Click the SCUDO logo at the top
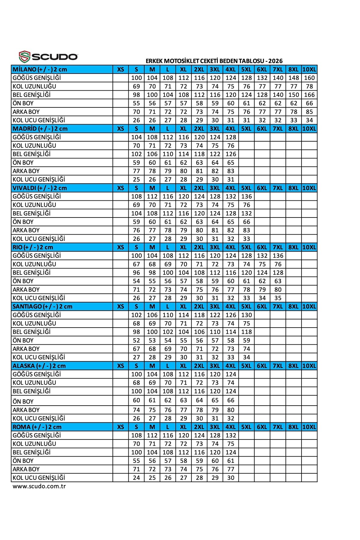point(48,56)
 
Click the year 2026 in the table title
point(275,61)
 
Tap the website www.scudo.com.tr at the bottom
point(39,486)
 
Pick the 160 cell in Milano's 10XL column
point(309,78)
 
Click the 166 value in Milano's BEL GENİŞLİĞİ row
point(309,95)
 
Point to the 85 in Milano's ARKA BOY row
point(309,112)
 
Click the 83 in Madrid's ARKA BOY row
point(231,171)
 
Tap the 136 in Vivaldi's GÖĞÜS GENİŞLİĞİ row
point(246,196)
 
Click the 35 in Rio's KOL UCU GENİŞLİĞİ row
point(278,298)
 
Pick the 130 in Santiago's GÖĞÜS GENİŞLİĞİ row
point(246,315)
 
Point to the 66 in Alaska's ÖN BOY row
point(231,400)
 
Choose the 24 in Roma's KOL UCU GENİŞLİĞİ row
point(136,478)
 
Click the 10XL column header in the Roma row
point(309,427)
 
